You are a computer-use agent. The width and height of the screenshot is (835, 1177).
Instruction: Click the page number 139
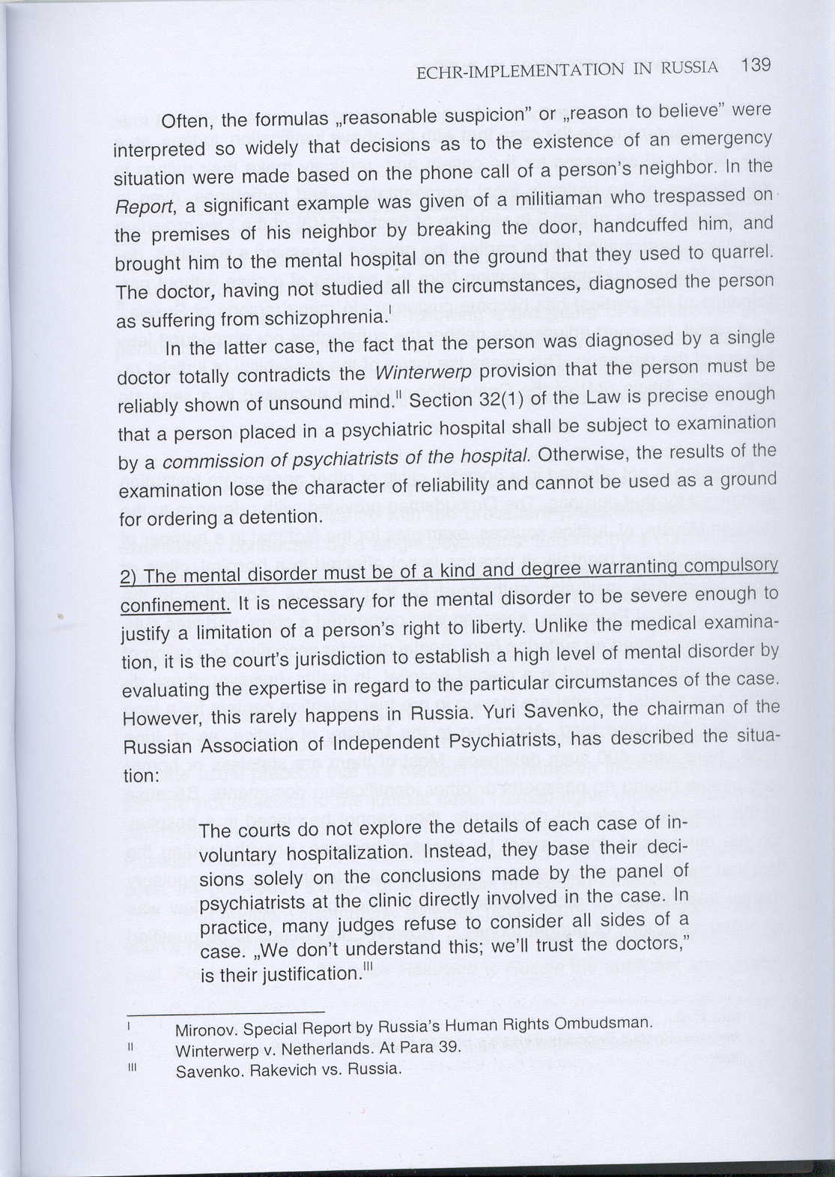click(755, 65)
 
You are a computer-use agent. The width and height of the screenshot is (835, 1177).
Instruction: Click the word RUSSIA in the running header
click(689, 68)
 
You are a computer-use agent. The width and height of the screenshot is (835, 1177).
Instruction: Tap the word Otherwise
click(577, 454)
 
